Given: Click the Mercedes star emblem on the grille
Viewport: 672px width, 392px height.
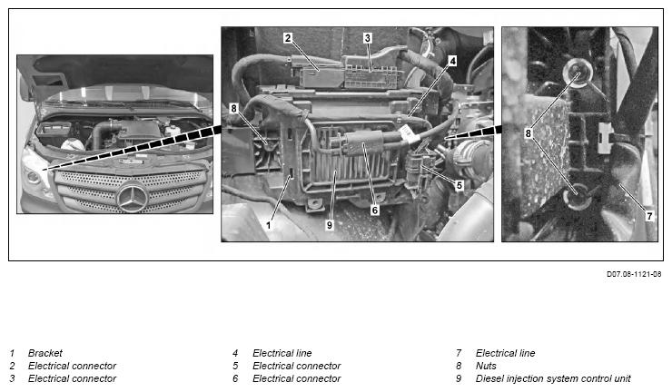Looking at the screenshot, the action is (132, 197).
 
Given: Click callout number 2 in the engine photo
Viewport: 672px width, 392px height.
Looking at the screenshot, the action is (288, 38).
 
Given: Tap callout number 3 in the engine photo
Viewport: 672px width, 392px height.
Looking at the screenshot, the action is (367, 38).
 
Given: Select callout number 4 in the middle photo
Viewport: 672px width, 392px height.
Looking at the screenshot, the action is (453, 61).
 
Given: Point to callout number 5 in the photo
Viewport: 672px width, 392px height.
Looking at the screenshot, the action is (460, 185).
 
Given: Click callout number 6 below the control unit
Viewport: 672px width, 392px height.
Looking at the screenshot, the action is (375, 210).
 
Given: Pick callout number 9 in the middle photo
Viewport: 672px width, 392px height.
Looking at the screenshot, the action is (329, 225).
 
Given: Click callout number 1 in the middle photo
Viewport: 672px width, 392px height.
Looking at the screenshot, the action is (269, 225).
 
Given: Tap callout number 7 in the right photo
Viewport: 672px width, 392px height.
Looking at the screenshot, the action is (649, 216).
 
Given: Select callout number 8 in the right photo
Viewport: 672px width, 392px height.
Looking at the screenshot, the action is (528, 133).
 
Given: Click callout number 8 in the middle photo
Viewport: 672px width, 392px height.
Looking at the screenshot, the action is (233, 108).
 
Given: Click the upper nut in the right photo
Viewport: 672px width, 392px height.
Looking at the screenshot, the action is (577, 73).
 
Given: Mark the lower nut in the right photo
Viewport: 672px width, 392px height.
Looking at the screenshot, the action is (578, 196).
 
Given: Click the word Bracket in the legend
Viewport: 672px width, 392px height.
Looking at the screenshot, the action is (45, 353).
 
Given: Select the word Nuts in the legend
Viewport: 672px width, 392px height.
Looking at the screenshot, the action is (486, 366).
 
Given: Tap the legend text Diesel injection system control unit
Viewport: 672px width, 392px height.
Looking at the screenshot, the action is (553, 378).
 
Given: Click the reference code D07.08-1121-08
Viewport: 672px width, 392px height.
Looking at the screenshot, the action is (634, 274).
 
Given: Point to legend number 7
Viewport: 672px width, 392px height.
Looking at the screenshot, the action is (459, 353).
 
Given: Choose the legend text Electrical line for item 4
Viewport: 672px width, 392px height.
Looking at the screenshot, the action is (282, 353).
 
